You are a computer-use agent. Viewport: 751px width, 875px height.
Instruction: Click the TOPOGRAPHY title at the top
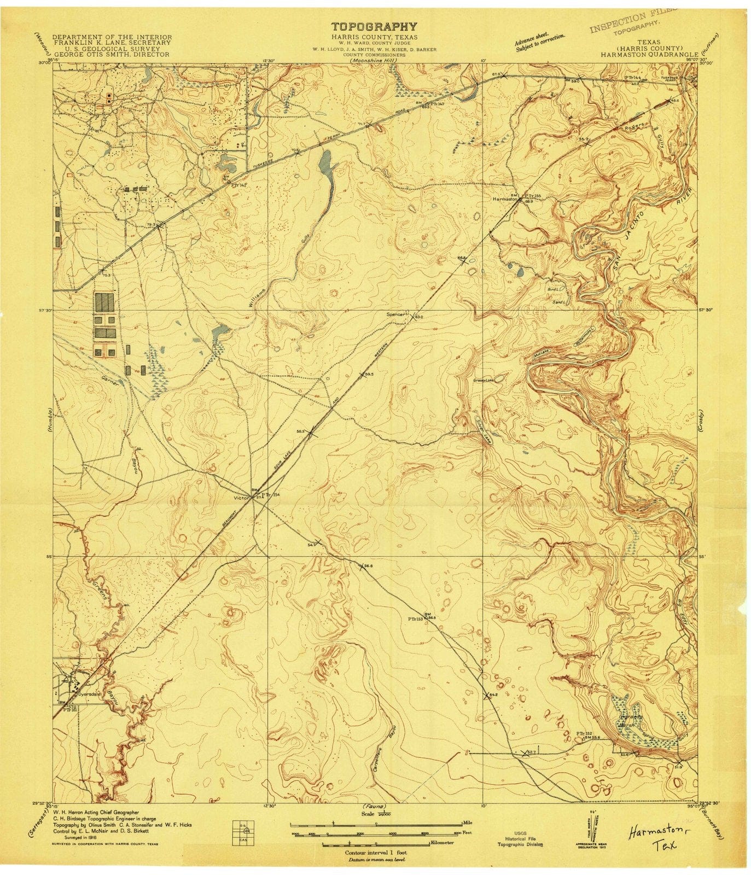coord(375,26)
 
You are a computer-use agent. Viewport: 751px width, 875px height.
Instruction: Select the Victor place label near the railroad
coord(241,498)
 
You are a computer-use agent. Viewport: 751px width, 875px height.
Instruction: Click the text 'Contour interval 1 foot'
coord(375,852)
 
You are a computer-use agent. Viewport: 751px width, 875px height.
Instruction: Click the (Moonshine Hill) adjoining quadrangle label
coord(375,60)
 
